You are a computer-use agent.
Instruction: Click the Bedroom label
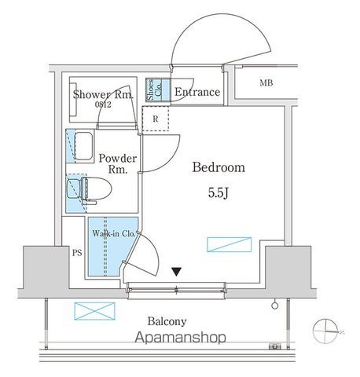tap(219, 167)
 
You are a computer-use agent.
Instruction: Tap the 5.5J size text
tap(219, 193)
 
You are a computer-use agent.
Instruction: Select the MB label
tap(266, 83)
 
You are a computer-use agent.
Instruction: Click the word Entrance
tap(197, 92)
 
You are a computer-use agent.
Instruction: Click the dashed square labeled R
tap(156, 119)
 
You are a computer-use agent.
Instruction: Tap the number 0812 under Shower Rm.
tap(103, 104)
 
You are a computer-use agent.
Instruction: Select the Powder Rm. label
tap(118, 164)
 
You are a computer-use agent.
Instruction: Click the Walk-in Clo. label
tap(113, 233)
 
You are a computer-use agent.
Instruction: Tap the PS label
tap(77, 253)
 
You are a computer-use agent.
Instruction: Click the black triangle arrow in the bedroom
tap(177, 272)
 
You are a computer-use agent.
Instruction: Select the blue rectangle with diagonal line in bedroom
tap(230, 244)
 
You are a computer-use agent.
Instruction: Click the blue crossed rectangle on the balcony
tap(94, 311)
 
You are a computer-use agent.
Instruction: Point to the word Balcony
tap(167, 321)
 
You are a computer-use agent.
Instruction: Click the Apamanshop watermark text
tap(180, 338)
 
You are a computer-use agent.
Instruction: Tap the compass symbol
tap(325, 331)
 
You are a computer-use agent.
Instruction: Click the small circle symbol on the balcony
tap(275, 306)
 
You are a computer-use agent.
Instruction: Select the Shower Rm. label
tap(103, 95)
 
